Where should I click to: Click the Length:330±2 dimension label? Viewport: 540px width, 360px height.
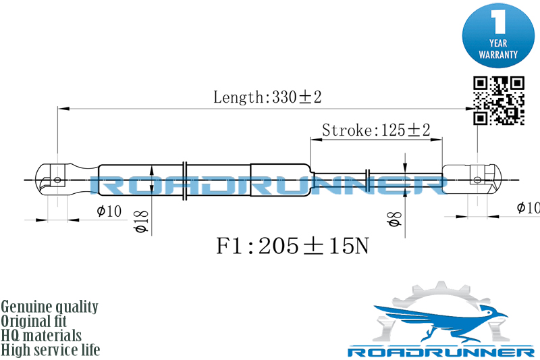tap(267, 97)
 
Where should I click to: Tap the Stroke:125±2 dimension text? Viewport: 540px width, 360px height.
tap(376, 130)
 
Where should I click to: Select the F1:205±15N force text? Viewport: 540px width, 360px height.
tap(292, 246)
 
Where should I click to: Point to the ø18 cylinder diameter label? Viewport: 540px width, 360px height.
tap(142, 222)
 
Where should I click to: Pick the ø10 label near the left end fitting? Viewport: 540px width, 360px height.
tap(109, 211)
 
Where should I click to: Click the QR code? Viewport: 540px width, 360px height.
tap(499, 101)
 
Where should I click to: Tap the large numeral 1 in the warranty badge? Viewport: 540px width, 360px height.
tap(498, 22)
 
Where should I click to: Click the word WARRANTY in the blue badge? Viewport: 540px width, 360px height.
tap(498, 55)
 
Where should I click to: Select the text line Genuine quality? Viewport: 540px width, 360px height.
tap(49, 307)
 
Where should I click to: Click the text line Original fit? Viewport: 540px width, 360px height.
tap(33, 321)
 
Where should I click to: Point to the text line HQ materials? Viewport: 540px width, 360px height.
tap(41, 336)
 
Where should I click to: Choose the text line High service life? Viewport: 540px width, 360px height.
tap(50, 350)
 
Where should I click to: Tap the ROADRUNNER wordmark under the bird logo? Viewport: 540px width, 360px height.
tap(441, 352)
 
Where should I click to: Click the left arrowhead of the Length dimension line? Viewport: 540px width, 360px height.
tap(63, 109)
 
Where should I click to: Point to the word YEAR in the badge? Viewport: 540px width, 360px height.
tap(498, 43)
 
